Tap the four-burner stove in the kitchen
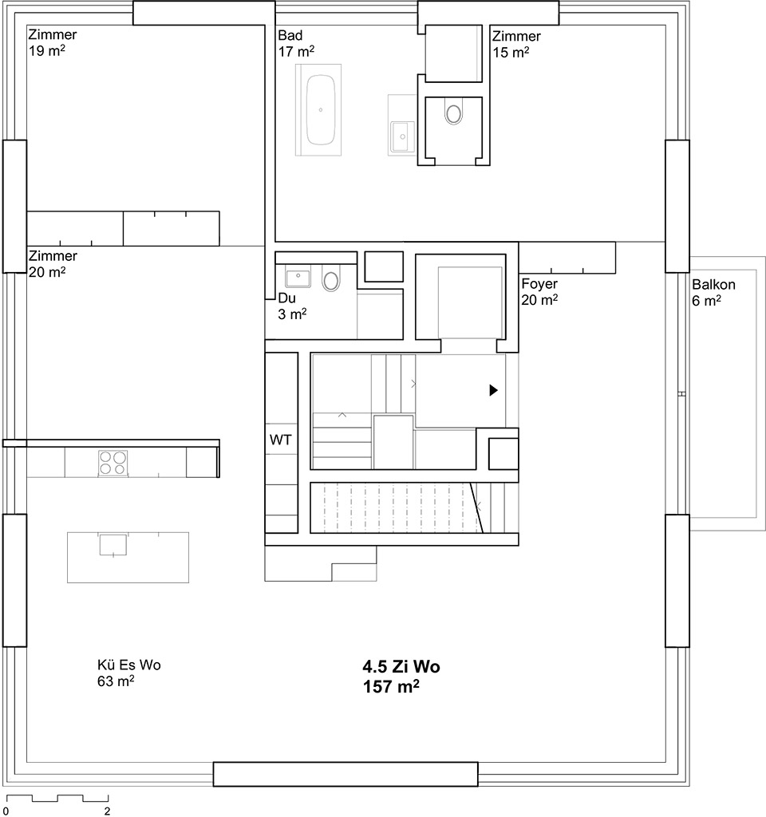click(113, 463)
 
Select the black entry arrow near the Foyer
click(493, 389)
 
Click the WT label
click(280, 440)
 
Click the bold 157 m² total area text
click(391, 687)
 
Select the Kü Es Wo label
click(128, 665)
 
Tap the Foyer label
click(539, 283)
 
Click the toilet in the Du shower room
click(331, 278)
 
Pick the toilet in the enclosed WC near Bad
click(454, 113)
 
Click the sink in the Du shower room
click(298, 276)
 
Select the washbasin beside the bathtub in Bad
click(402, 136)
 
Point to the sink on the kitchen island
click(113, 544)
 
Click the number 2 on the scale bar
click(108, 811)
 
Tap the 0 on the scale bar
click(6, 811)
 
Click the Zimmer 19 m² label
click(52, 42)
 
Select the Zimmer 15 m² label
click(516, 44)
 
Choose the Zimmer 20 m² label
click(53, 263)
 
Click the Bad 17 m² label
click(296, 43)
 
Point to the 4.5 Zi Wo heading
click(401, 666)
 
